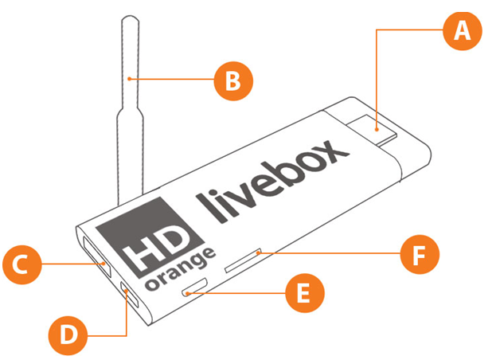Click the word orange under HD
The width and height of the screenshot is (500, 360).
pos(181,268)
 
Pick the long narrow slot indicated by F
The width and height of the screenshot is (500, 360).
pos(243,261)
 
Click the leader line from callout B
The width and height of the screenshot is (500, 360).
pos(171,79)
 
